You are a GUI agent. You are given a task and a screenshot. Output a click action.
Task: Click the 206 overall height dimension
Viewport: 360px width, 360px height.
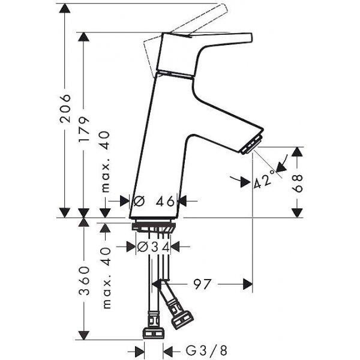[65, 108]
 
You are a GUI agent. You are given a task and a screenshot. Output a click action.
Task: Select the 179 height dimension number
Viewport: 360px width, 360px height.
[83, 130]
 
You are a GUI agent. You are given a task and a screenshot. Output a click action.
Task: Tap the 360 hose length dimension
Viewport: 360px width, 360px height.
[83, 281]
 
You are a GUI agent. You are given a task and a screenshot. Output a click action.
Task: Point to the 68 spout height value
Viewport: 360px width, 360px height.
[298, 183]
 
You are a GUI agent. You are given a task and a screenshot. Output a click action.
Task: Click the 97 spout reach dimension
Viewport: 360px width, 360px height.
[202, 284]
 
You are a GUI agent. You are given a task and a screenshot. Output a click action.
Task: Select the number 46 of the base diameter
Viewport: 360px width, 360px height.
[166, 202]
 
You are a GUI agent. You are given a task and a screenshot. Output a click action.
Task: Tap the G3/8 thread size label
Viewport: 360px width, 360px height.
[206, 350]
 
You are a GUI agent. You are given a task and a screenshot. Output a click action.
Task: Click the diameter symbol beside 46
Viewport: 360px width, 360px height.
[139, 202]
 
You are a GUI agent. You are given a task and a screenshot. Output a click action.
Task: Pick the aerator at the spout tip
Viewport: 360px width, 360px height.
[252, 144]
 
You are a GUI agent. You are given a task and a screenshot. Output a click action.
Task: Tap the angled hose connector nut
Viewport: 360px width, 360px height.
[183, 320]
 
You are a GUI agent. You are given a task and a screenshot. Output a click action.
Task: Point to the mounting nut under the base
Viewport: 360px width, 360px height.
[154, 227]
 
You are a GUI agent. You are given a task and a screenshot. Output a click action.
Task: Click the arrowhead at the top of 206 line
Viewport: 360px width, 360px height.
[65, 8]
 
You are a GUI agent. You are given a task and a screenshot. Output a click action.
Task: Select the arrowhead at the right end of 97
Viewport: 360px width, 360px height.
[248, 284]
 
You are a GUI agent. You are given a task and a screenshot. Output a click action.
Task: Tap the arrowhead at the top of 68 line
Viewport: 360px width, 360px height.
[298, 152]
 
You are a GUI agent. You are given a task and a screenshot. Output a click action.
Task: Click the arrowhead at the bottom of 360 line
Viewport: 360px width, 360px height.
[83, 335]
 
